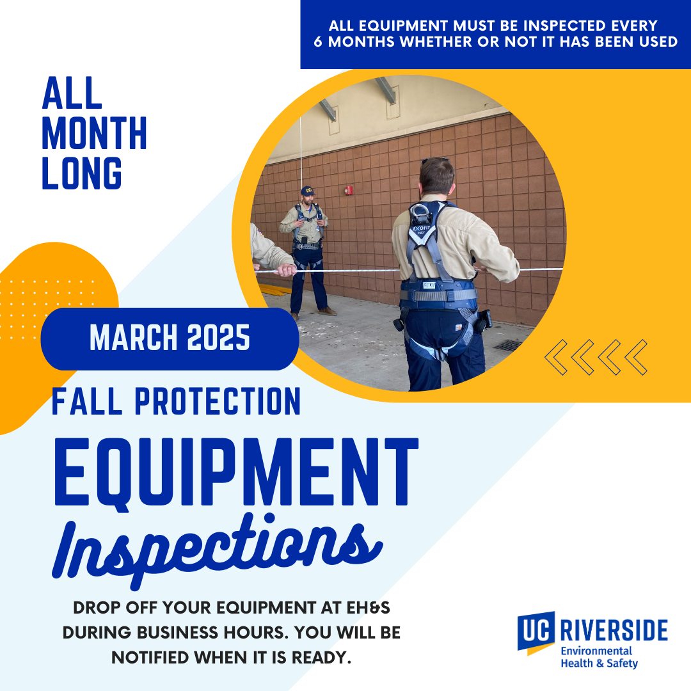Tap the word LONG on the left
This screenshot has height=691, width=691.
82,173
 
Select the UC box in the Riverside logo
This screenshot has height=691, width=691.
536,630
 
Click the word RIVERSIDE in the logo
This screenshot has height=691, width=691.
613,630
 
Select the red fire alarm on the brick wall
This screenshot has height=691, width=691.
349,190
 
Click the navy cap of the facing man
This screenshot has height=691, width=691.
308,191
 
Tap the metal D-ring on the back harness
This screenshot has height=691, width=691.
420,212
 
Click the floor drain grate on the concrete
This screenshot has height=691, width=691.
509,345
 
